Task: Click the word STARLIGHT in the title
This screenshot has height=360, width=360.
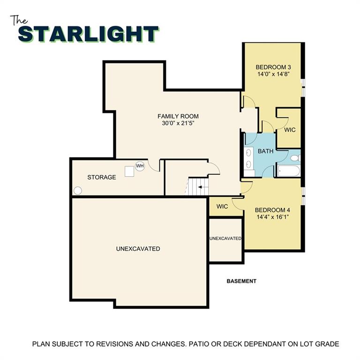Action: point(89,34)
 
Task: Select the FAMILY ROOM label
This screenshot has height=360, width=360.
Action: point(178,116)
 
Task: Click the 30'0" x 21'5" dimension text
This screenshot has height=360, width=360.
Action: point(178,124)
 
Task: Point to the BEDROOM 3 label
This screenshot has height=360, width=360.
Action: point(273,67)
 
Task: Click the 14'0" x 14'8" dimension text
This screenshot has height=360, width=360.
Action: point(273,74)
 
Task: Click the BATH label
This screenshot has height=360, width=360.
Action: point(265,151)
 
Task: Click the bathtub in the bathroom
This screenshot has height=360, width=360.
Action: point(287,171)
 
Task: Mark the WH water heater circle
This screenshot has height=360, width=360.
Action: point(140,165)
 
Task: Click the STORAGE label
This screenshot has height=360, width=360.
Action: point(102,177)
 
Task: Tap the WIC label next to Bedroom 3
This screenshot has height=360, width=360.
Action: point(290,130)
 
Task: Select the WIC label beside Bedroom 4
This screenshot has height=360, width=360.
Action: point(222,207)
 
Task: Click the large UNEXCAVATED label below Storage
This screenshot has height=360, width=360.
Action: point(138,248)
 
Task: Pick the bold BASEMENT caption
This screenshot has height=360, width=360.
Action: point(241,281)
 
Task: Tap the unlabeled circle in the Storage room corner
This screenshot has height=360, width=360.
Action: point(78,191)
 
